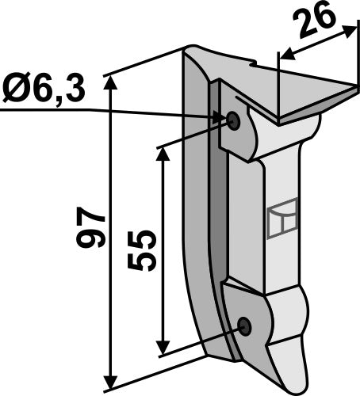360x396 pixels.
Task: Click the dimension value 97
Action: click(93, 230)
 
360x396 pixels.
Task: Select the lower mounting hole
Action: click(244, 326)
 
